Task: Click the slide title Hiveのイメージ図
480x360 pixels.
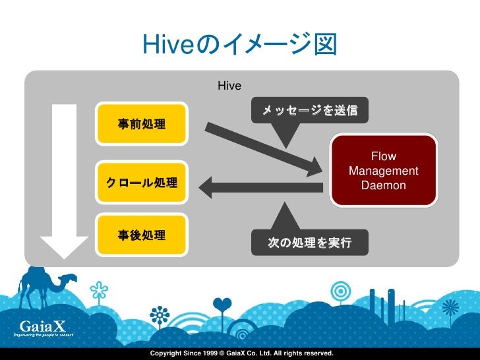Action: coord(239,45)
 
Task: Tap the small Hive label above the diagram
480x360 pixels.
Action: coord(229,86)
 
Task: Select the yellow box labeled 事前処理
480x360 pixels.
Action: coord(141,123)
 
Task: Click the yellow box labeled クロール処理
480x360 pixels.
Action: coord(141,182)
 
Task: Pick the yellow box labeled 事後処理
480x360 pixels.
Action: coord(141,235)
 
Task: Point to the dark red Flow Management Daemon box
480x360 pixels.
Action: coord(384,171)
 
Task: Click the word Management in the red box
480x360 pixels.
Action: coord(384,171)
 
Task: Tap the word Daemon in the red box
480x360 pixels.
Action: coord(384,186)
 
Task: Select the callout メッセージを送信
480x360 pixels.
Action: coord(310,110)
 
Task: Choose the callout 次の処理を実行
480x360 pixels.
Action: coord(310,243)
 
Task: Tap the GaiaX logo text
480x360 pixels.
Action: coord(42,326)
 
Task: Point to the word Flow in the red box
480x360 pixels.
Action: coord(384,157)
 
